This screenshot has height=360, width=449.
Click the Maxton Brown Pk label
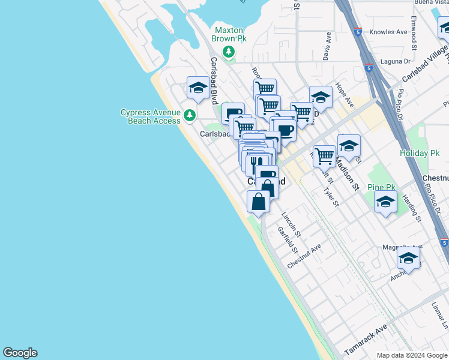(x=229, y=34)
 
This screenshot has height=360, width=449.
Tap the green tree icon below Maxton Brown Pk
(x=228, y=52)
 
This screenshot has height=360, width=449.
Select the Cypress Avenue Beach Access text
(x=150, y=116)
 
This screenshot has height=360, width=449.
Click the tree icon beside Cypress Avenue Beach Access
(x=190, y=115)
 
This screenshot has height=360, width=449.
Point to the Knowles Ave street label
(x=388, y=32)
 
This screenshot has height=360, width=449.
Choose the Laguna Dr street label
(x=395, y=61)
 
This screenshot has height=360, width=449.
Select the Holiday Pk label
(x=420, y=153)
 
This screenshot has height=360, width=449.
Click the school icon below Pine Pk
(x=385, y=202)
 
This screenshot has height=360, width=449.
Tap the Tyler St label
(x=331, y=197)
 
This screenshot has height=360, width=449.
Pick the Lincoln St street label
(x=291, y=223)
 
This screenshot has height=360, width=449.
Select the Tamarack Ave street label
(x=366, y=341)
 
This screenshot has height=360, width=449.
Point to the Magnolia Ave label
(x=402, y=246)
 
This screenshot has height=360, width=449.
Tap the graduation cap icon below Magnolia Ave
(x=408, y=259)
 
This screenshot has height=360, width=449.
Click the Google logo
(x=20, y=353)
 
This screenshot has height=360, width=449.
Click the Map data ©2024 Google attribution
(x=411, y=355)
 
